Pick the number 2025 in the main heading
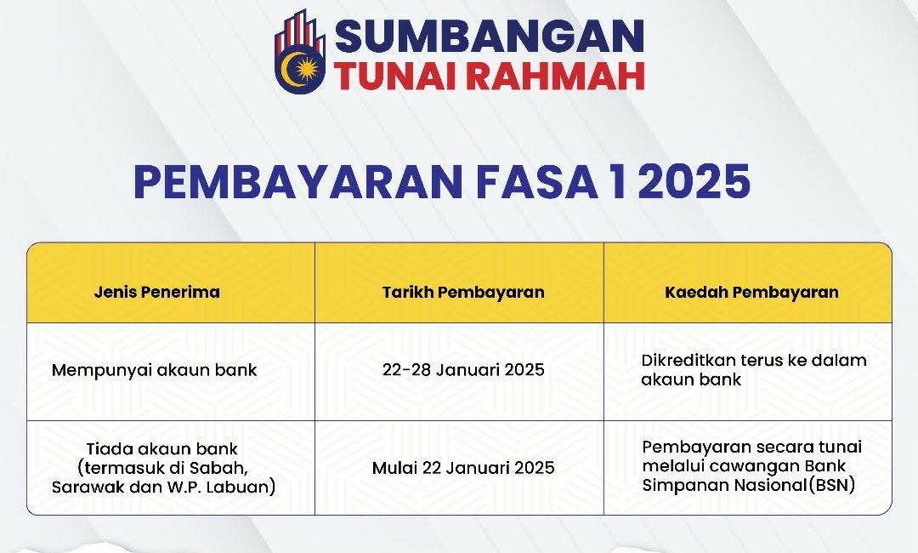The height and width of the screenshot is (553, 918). point(693,182)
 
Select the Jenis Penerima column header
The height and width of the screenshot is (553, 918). point(156,292)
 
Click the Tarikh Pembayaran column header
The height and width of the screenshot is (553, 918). point(463,292)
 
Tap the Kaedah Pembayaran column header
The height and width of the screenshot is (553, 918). point(751,292)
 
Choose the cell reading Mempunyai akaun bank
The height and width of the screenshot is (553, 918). point(154,370)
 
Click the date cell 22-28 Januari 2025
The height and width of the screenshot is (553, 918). point(463,370)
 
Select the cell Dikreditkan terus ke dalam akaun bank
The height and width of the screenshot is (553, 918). point(753,370)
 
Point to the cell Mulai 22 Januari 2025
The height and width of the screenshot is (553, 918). point(463,468)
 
